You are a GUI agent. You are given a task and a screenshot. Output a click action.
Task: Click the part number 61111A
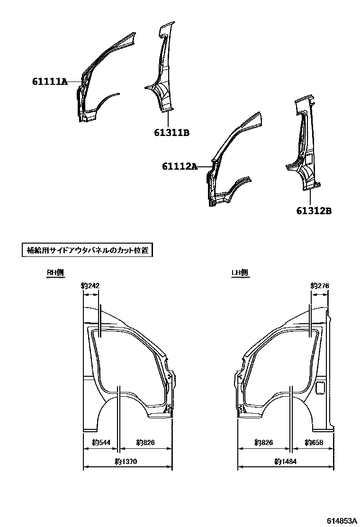click(x=50, y=82)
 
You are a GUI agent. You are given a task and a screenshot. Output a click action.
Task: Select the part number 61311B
click(x=171, y=133)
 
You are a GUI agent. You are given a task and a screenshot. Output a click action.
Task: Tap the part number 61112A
click(x=179, y=166)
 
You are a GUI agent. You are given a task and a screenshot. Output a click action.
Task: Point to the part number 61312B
click(x=314, y=211)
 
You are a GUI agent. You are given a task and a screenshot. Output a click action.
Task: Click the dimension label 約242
click(x=90, y=285)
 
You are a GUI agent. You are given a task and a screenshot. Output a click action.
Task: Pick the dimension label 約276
click(x=319, y=285)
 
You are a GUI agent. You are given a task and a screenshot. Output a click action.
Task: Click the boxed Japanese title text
click(x=89, y=250)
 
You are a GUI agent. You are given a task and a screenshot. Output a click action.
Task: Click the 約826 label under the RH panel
click(x=145, y=443)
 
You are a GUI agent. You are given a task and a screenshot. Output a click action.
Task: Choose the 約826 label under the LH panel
click(x=263, y=443)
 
